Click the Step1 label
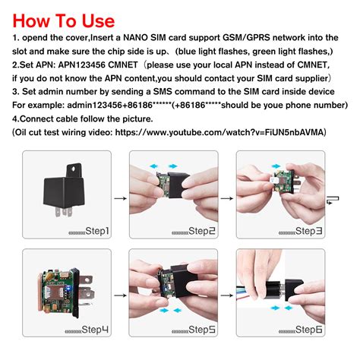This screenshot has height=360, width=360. pyautogui.click(x=90, y=231)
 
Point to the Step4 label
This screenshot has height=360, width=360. pyautogui.click(x=90, y=331)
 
